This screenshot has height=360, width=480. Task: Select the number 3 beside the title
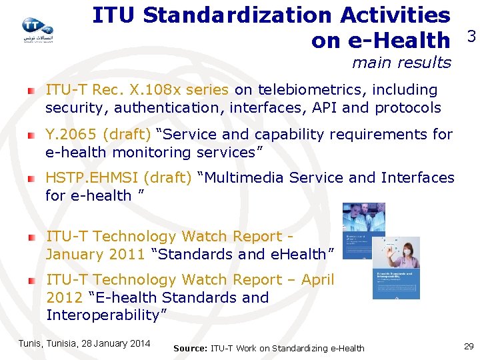[x=471, y=37]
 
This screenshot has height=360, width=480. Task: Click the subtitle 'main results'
[x=401, y=63]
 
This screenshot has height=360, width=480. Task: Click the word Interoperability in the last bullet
[x=106, y=315]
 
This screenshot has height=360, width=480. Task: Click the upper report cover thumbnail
[x=363, y=231]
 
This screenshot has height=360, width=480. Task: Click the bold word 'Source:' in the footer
[x=190, y=348]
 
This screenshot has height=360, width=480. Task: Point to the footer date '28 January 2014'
[x=115, y=343]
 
